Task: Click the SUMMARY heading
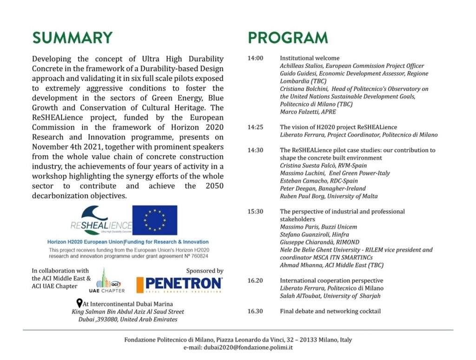pos(72,38)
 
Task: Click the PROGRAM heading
pos(288,38)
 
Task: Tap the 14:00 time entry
pos(255,59)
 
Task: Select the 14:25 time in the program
pos(255,127)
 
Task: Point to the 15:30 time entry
pos(255,211)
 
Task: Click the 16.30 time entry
pos(255,311)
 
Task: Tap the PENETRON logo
pos(179,283)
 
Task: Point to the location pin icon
pos(79,303)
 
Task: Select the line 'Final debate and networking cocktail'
pos(330,311)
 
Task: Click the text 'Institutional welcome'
pos(310,59)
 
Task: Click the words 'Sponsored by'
pos(205,271)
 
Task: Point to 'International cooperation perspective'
pos(331,281)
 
